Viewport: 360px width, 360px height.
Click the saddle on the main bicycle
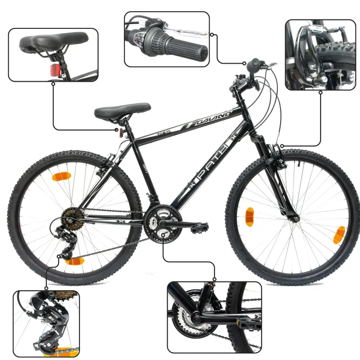click(x=122, y=111)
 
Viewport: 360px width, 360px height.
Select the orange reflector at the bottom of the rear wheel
click(x=73, y=261)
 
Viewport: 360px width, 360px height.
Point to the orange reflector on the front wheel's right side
click(x=338, y=235)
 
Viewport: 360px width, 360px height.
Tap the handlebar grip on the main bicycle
click(x=255, y=65)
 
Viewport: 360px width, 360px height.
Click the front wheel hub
click(x=293, y=217)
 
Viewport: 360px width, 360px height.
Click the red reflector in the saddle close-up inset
click(x=54, y=70)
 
